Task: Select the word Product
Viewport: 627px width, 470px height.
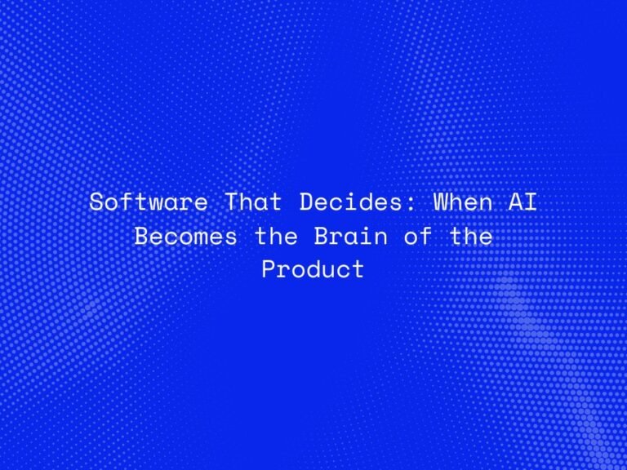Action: point(313,269)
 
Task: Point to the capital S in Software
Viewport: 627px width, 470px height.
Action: point(96,202)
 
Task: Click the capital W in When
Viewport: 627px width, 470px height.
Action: point(441,202)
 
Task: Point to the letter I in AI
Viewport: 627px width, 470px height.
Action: point(531,202)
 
